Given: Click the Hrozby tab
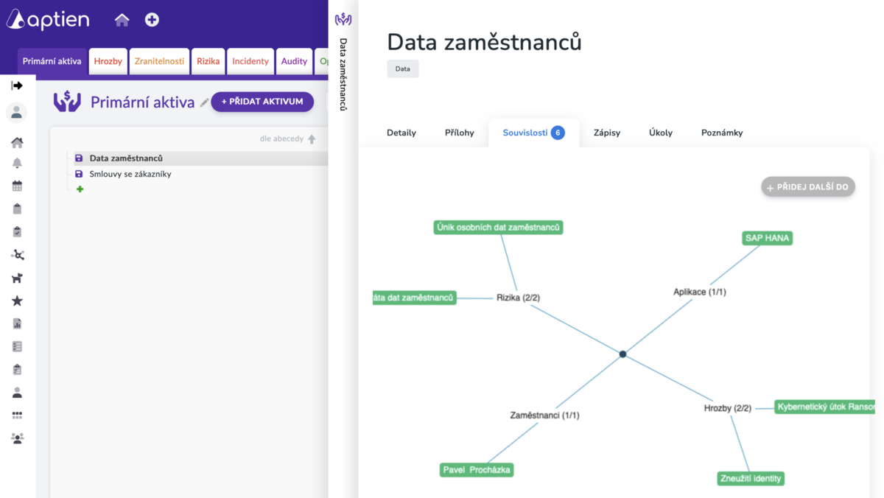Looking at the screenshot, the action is [x=108, y=61].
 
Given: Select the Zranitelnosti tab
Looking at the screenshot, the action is [x=159, y=61].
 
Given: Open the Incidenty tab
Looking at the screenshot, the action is [x=250, y=61].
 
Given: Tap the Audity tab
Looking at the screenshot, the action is [x=294, y=61].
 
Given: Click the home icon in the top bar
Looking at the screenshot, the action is [x=122, y=20].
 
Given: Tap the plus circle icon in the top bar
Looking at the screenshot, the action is [x=152, y=20].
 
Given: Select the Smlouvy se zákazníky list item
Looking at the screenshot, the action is [x=130, y=174].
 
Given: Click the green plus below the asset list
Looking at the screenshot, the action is [x=80, y=189].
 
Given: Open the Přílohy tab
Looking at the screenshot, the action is [x=460, y=133].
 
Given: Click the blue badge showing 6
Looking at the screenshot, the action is [x=558, y=133].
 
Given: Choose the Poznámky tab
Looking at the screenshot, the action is [x=722, y=133].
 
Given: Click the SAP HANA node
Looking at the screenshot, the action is [x=767, y=238].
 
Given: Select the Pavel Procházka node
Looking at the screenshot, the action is [x=477, y=470].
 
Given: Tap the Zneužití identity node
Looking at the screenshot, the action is [x=751, y=479].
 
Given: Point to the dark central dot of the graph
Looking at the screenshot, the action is [x=622, y=354].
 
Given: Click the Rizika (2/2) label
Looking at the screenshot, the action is [x=518, y=298].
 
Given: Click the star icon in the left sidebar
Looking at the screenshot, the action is [x=17, y=301].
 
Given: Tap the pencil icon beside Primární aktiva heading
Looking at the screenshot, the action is [x=204, y=102].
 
